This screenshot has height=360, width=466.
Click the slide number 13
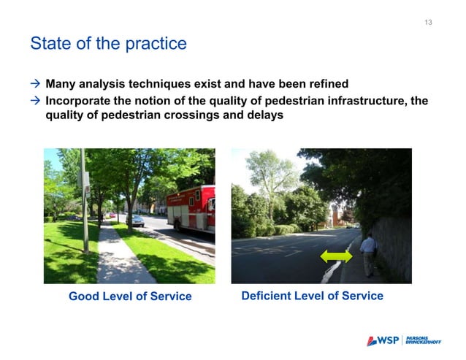pyautogui.click(x=428, y=23)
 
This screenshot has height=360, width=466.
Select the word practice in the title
pyautogui.click(x=157, y=44)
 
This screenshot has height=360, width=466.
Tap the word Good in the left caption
pyautogui.click(x=83, y=296)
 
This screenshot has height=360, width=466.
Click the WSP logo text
pyautogui.click(x=386, y=341)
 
